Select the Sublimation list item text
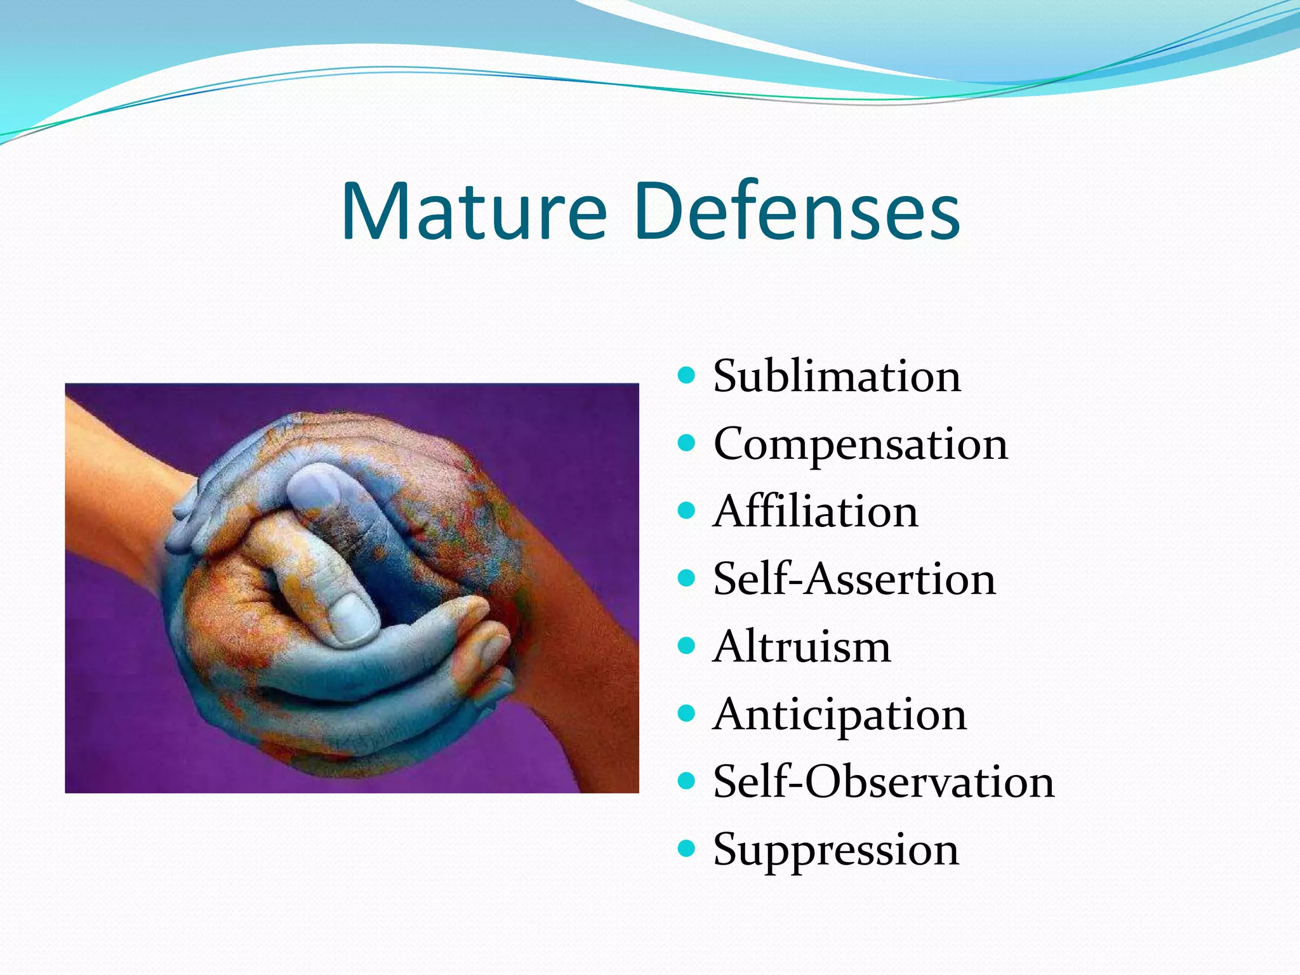(x=837, y=376)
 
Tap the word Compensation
(x=860, y=444)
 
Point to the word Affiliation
(x=815, y=512)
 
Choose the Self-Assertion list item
(x=854, y=579)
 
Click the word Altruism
(x=802, y=647)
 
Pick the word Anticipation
(x=839, y=715)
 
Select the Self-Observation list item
(x=883, y=782)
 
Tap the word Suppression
(x=835, y=850)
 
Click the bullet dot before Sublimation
(x=686, y=375)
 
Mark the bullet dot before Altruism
(x=686, y=646)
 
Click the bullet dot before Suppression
(x=686, y=848)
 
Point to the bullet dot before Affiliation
(x=686, y=510)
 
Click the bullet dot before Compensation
(x=686, y=442)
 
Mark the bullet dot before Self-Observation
(x=686, y=780)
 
